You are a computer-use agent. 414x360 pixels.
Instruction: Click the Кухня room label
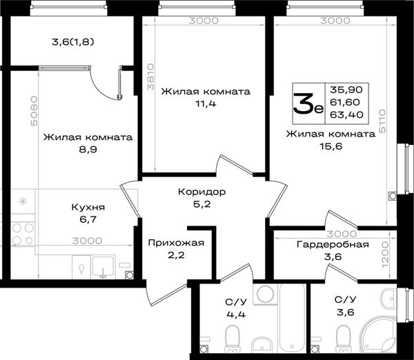[88, 207]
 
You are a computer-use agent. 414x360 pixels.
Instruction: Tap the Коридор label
[201, 192]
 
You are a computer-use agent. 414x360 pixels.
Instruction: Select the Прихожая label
[176, 243]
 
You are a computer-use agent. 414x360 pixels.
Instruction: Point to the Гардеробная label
[333, 244]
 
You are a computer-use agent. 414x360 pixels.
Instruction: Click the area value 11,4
[206, 103]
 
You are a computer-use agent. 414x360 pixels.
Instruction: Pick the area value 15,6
[331, 146]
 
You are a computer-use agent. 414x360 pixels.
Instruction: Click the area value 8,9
[88, 150]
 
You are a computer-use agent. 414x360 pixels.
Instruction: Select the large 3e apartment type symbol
[308, 103]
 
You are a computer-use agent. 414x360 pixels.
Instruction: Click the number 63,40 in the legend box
[346, 114]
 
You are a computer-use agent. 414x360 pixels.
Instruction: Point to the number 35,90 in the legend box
[346, 90]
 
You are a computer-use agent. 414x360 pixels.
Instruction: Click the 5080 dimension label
[34, 111]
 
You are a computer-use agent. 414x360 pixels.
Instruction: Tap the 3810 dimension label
[150, 77]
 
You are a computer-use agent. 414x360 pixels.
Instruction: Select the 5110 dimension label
[382, 121]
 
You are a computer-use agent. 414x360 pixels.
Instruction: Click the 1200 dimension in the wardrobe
[385, 255]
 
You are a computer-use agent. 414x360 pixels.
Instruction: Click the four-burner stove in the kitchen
[23, 234]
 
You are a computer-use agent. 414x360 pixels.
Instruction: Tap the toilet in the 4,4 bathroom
[233, 339]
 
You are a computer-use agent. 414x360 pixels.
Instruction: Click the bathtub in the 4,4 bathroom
[293, 318]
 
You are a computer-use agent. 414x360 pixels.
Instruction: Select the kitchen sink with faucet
[103, 267]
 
